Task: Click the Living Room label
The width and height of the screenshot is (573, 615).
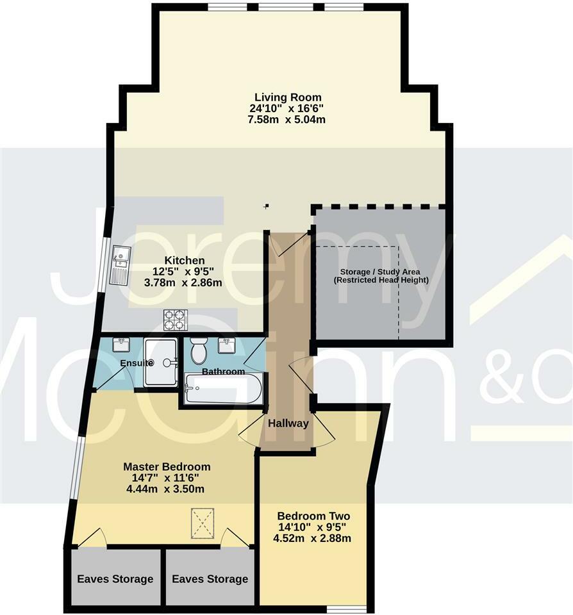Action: coord(286,97)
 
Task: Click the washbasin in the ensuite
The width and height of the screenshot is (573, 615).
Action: coord(120,345)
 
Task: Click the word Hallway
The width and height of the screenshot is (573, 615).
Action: coord(288,423)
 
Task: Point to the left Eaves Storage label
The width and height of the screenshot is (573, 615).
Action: coord(115,579)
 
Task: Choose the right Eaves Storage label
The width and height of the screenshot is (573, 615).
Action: coord(210,579)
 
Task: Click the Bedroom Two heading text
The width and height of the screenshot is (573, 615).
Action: coord(314,516)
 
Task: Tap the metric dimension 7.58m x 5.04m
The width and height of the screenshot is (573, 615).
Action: coord(286,120)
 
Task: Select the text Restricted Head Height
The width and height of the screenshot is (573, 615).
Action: coord(381,280)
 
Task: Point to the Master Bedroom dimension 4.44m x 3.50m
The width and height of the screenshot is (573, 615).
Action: coord(167,489)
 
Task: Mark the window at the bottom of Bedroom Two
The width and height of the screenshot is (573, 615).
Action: coord(346,607)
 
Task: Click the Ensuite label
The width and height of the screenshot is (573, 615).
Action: coord(136,363)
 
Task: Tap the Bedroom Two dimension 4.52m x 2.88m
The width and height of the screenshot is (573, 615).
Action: coord(314,538)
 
